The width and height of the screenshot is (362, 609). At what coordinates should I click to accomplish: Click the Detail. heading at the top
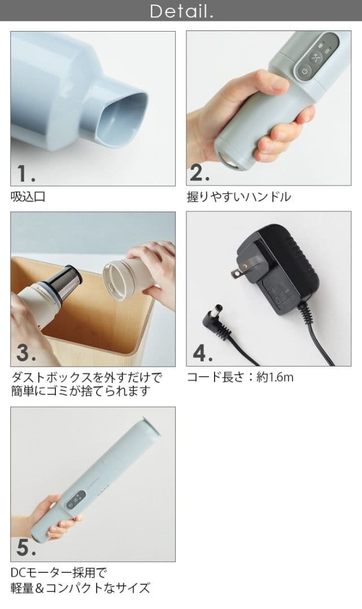pyautogui.click(x=181, y=11)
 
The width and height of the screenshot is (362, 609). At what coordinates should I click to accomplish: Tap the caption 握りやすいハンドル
pyautogui.click(x=239, y=197)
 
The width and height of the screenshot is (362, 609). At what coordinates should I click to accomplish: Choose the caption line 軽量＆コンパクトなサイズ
pyautogui.click(x=80, y=588)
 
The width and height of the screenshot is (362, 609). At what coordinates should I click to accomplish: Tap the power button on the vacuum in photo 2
pyautogui.click(x=304, y=72)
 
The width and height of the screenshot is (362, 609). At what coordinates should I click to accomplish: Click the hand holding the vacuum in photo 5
pyautogui.click(x=54, y=516)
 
